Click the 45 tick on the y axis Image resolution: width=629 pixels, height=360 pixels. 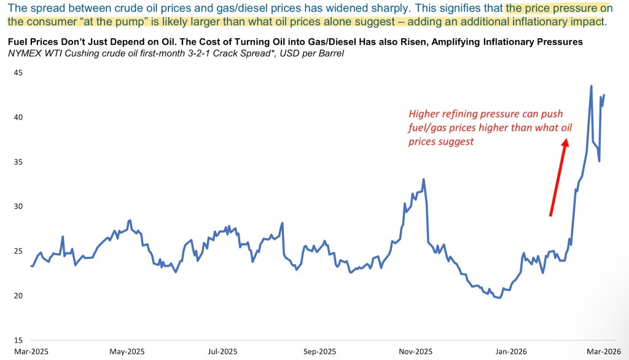(18, 72)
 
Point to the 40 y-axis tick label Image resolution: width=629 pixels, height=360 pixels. (18, 117)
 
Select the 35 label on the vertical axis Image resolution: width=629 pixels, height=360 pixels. (18, 162)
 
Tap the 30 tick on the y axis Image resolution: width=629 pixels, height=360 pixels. (18, 206)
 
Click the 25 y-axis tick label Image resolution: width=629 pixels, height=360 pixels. (18, 251)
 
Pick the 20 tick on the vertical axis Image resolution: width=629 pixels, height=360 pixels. (18, 295)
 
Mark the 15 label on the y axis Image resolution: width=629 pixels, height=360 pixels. (18, 340)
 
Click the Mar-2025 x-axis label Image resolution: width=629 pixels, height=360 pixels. (31, 351)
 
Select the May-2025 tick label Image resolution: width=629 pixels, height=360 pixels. (127, 351)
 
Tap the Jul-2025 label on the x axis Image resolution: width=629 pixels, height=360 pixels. (222, 351)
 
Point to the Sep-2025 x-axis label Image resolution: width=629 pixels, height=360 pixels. (319, 351)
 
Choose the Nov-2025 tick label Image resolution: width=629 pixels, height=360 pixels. (416, 351)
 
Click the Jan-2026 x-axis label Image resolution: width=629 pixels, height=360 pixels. (511, 351)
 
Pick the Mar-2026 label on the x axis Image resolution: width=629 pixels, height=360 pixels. (604, 351)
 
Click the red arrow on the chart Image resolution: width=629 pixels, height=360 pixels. (558, 178)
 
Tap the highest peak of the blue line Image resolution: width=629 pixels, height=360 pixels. (591, 86)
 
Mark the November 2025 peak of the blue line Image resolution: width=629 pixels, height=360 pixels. (423, 179)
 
